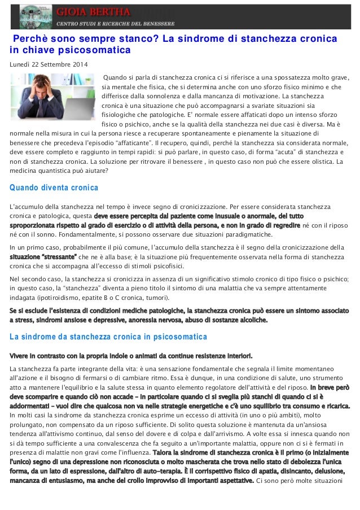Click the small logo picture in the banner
tap(35, 16)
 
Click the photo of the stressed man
tap(54, 101)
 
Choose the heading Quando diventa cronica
tap(54, 188)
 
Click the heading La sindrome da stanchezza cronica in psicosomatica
tap(109, 337)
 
